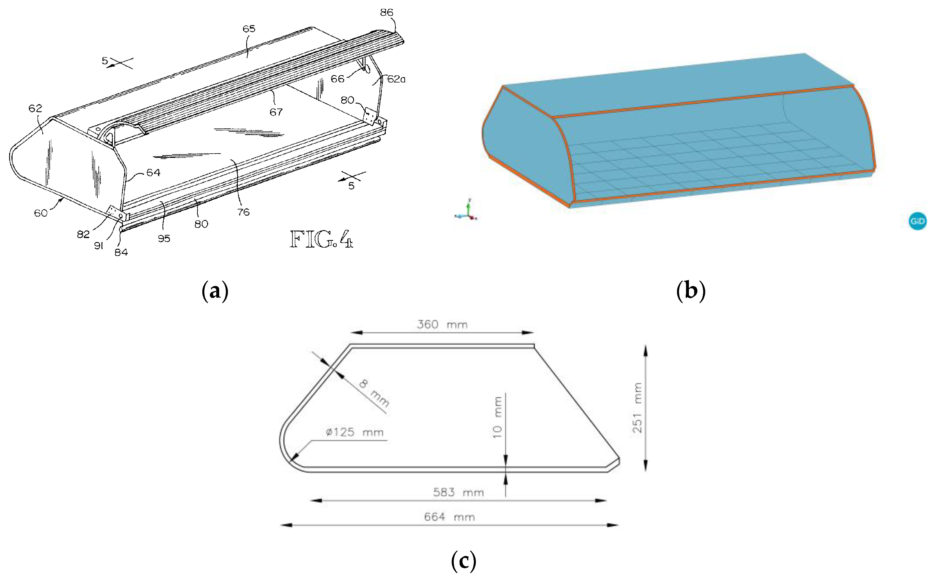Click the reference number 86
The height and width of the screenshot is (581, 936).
(387, 13)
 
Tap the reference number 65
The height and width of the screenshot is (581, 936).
(249, 29)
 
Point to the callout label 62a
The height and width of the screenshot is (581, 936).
(396, 79)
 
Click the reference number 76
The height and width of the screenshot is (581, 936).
(243, 212)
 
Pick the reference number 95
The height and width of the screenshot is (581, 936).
(164, 238)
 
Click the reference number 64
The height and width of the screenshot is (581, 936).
(153, 173)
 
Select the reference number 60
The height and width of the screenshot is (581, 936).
(41, 212)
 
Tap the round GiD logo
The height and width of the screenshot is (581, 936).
(917, 221)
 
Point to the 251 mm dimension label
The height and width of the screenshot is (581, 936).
(637, 408)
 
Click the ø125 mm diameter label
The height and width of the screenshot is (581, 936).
(354, 432)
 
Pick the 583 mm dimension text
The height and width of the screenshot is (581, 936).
(458, 492)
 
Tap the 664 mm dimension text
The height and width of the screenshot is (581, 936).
(449, 517)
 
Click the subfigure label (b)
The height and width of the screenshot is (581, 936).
(690, 290)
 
